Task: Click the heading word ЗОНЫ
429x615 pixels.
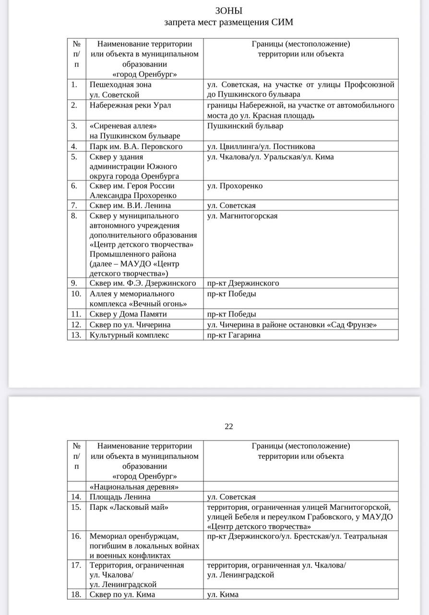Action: pos(228,11)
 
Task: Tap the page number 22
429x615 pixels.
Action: pos(228,426)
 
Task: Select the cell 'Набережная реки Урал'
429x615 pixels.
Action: pos(130,105)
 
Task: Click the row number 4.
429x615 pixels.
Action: pos(74,147)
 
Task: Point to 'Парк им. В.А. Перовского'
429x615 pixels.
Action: pos(136,147)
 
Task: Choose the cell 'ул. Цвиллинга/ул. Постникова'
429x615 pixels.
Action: pos(261,147)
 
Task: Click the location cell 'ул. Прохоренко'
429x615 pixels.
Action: pos(235,186)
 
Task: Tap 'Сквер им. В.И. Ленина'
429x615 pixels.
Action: pos(130,206)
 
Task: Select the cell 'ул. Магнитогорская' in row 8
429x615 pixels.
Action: pos(242,216)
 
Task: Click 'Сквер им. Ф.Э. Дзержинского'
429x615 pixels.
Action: pos(143,283)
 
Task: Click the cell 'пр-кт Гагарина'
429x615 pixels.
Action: pos(234,335)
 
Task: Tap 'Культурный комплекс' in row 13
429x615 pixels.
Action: pos(129,335)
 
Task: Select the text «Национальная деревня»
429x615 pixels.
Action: pos(134,487)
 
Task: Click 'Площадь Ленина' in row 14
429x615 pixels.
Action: pos(120,497)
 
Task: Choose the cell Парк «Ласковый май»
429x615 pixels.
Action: pos(129,507)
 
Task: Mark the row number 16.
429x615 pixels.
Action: pos(76,536)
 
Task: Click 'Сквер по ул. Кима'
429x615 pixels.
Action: pos(122,594)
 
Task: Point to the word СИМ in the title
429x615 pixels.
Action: pos(282,22)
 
